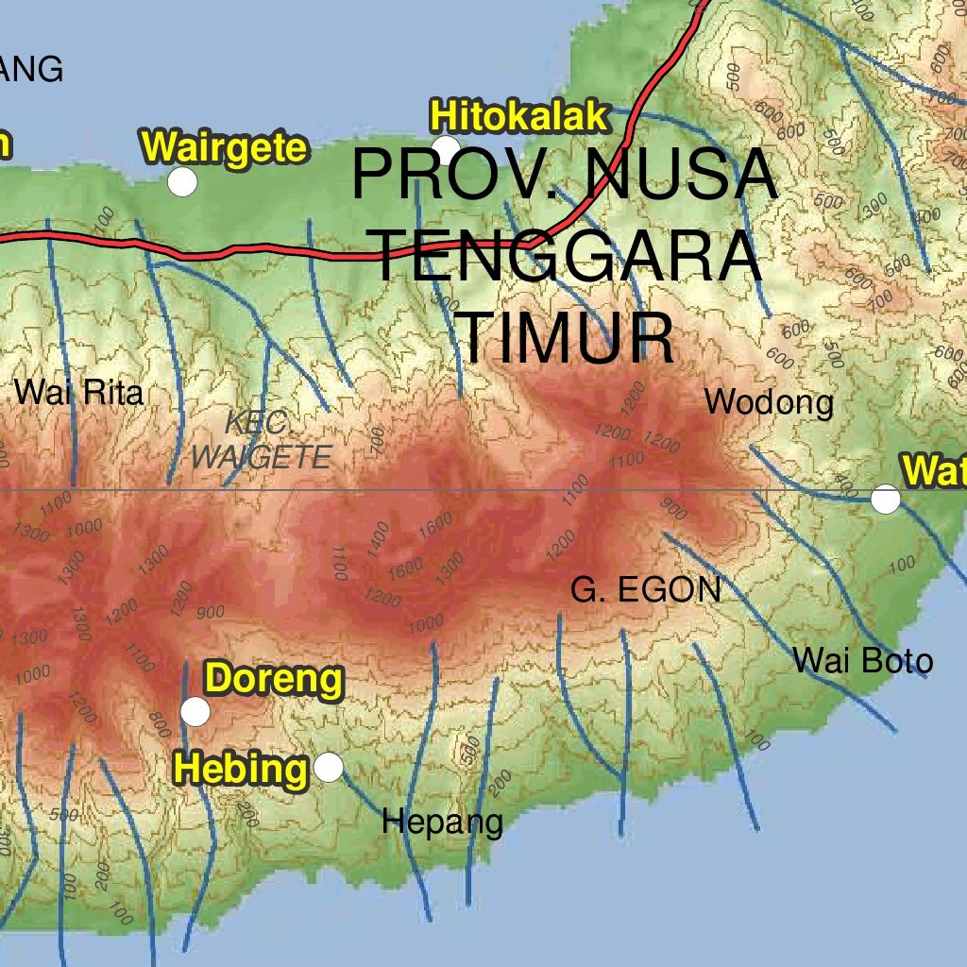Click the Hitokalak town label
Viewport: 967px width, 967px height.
pyautogui.click(x=518, y=116)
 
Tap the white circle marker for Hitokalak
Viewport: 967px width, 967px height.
pyautogui.click(x=446, y=149)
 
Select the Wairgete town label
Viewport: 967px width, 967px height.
pyautogui.click(x=225, y=148)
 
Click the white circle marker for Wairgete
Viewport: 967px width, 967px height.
pyautogui.click(x=182, y=181)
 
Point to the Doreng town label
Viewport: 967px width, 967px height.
pyautogui.click(x=275, y=679)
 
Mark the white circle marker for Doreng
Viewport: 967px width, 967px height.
pyautogui.click(x=195, y=711)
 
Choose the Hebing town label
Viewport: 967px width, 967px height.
pyautogui.click(x=242, y=769)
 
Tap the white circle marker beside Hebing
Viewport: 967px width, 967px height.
pyautogui.click(x=328, y=767)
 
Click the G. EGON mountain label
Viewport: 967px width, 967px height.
pyautogui.click(x=646, y=590)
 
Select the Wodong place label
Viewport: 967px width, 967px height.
pyautogui.click(x=770, y=402)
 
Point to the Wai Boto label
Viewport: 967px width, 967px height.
pyautogui.click(x=863, y=660)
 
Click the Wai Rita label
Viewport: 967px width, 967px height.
pyautogui.click(x=79, y=392)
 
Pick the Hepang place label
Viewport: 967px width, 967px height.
pyautogui.click(x=442, y=822)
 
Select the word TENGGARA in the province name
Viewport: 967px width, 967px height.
pyautogui.click(x=568, y=257)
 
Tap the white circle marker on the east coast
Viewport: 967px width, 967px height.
pyautogui.click(x=885, y=499)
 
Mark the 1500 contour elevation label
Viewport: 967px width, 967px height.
pyautogui.click(x=405, y=568)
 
